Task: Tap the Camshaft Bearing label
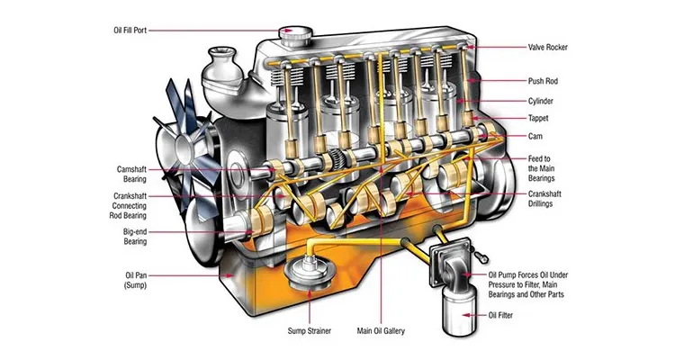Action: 139,174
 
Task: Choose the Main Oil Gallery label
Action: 384,331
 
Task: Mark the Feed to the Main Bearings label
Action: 546,167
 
